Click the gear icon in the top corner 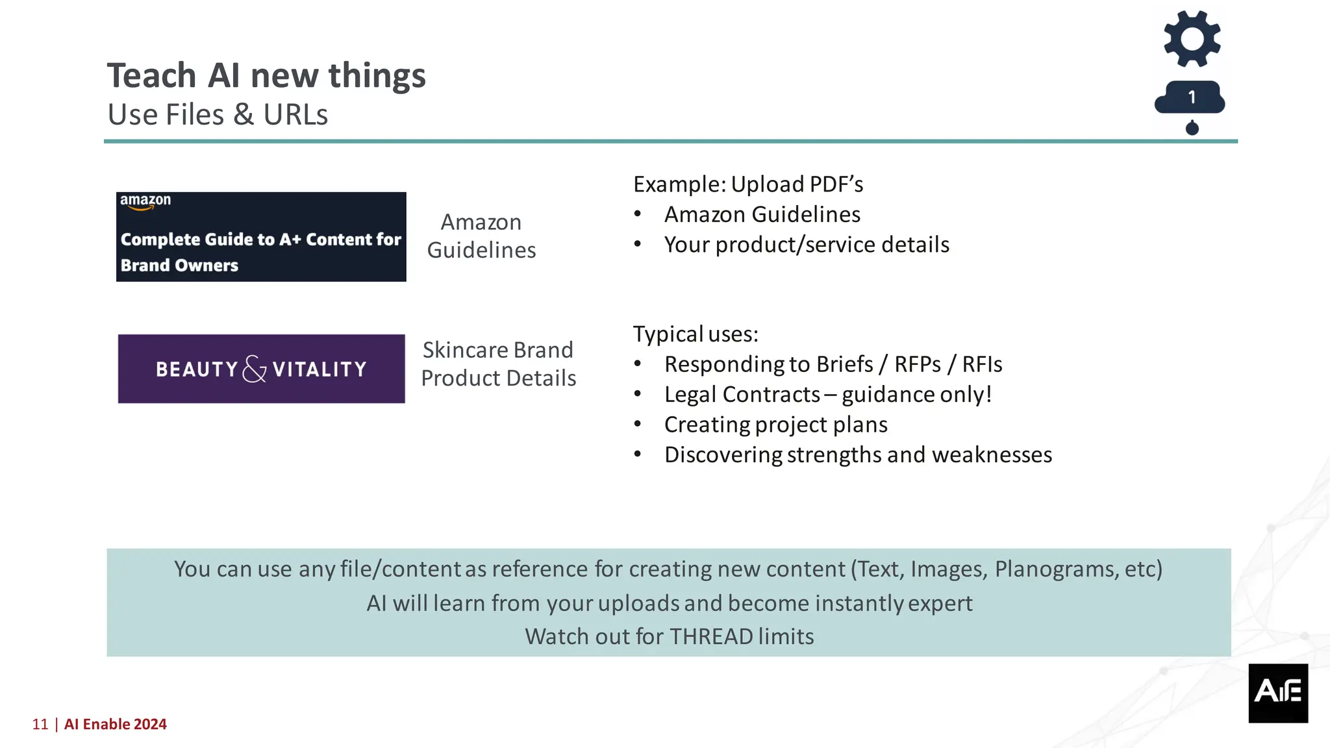1192,39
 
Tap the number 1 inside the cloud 1192,97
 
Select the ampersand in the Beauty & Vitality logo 255,369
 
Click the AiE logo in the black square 1277,692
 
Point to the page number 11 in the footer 40,725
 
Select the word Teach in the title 151,75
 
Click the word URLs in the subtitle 295,115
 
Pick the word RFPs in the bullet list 917,365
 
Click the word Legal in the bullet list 690,395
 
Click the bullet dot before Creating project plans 638,425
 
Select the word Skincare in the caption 464,351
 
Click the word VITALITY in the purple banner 320,369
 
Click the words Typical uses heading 696,334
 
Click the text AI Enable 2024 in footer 116,725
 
